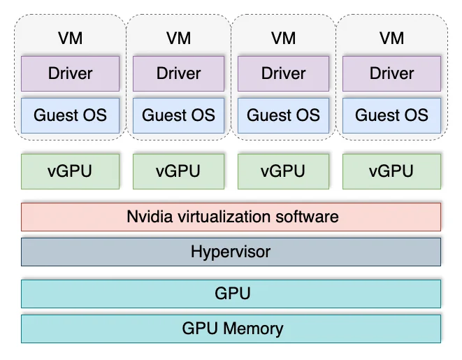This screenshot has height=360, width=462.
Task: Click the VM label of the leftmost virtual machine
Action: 70,38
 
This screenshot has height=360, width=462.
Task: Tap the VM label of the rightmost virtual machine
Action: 391,38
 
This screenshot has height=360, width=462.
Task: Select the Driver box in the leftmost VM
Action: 70,73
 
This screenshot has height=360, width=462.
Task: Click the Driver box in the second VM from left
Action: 178,73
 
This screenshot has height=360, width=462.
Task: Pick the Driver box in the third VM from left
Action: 284,73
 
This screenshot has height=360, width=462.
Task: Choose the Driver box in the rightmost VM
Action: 391,73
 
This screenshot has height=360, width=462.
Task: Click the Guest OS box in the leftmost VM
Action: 70,115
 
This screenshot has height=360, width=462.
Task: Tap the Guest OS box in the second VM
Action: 178,115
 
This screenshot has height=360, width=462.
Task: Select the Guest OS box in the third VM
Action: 284,115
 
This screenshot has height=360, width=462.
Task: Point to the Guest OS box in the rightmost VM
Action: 391,115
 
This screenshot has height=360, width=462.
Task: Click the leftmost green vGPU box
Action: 70,171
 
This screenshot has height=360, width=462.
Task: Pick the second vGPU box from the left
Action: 178,171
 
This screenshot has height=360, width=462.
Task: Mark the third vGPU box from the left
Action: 284,171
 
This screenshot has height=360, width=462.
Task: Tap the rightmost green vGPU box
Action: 391,171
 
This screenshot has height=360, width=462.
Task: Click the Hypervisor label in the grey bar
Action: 231,252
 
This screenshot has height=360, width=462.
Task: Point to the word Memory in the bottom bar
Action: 254,329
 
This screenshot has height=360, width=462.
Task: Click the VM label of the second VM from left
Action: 178,38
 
